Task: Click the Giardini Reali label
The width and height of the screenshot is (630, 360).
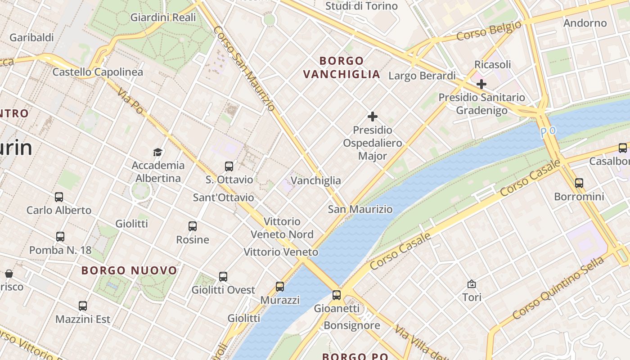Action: [163, 18]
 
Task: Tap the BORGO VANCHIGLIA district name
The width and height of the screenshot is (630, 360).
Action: [342, 67]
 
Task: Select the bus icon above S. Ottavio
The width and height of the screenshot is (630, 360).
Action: [229, 166]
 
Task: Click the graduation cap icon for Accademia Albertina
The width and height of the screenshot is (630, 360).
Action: [157, 152]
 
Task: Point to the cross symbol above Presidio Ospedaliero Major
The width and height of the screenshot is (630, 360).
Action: [373, 117]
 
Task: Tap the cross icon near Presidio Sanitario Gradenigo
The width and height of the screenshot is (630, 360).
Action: [481, 84]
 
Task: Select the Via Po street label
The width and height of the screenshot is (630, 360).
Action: [130, 100]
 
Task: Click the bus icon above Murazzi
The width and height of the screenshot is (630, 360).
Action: [280, 286]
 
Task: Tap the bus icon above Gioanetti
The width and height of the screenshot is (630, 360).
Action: [337, 295]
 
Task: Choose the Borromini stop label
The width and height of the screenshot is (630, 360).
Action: [579, 197]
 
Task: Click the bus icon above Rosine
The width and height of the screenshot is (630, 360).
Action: [193, 226]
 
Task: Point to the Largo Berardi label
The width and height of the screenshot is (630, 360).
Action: [422, 76]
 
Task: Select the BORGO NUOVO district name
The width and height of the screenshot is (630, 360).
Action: [130, 270]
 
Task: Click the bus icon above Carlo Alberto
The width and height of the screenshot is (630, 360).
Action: [59, 197]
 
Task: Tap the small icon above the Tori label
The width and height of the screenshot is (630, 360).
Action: [472, 284]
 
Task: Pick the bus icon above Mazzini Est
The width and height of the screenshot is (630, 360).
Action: [83, 306]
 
